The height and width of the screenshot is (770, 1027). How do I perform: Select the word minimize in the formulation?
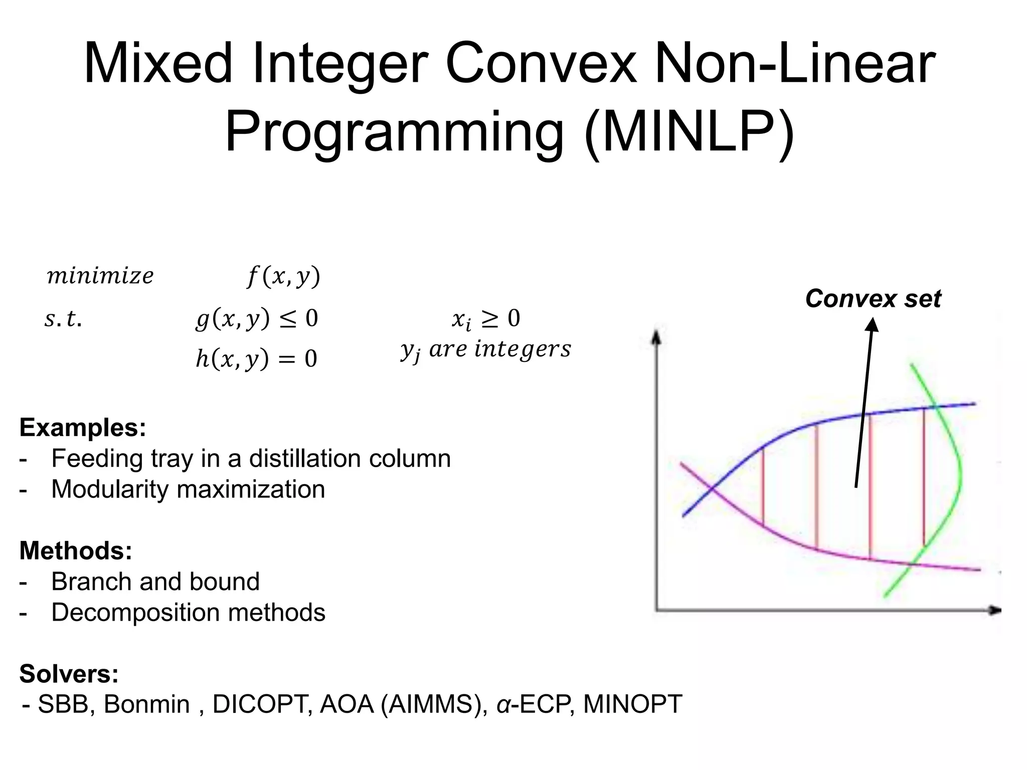coord(100,276)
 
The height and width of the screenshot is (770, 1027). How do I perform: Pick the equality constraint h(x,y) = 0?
coord(256,359)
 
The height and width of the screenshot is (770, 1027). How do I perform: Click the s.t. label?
coord(63,319)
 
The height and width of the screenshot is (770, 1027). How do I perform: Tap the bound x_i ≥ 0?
coord(485,319)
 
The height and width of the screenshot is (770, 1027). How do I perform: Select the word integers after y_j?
coord(523,349)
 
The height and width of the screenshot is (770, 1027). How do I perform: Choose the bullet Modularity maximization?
coord(188,489)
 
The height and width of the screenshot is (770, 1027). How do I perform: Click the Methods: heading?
coord(76,550)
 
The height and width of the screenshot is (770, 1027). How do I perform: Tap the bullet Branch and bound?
coord(155,582)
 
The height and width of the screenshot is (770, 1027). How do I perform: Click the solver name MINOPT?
coord(632,704)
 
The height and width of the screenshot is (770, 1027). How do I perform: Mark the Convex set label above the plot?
coord(873,299)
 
